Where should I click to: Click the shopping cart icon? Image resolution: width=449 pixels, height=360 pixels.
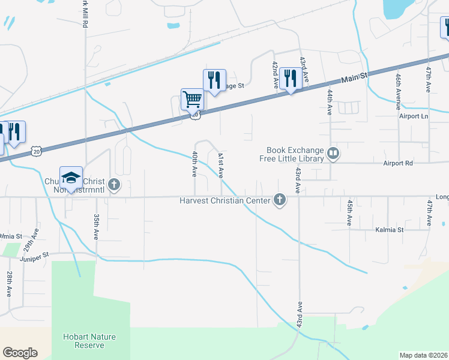point(192,99)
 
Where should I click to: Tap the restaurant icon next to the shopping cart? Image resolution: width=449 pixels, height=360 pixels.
point(214,80)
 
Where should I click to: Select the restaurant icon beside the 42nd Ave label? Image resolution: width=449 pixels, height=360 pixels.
point(291,78)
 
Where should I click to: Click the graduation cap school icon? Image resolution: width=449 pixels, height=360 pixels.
point(71,177)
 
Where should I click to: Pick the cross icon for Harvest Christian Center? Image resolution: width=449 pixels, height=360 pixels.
point(279,200)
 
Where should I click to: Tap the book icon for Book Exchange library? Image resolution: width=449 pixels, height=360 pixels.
point(334,154)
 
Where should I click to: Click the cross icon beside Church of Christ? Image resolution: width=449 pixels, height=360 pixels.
point(113,185)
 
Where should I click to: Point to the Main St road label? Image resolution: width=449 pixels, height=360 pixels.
point(350,77)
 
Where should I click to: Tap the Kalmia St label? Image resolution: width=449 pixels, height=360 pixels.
point(388,229)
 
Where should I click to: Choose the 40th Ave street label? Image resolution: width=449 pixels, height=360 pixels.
point(195,163)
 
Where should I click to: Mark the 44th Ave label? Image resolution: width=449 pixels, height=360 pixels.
point(330,103)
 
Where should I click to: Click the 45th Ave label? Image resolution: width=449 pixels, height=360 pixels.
point(349,212)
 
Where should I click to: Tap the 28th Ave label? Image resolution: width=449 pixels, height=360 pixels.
point(10,284)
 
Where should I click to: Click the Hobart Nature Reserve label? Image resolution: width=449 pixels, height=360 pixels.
point(89,341)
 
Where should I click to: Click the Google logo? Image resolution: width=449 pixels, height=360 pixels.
point(20,352)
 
